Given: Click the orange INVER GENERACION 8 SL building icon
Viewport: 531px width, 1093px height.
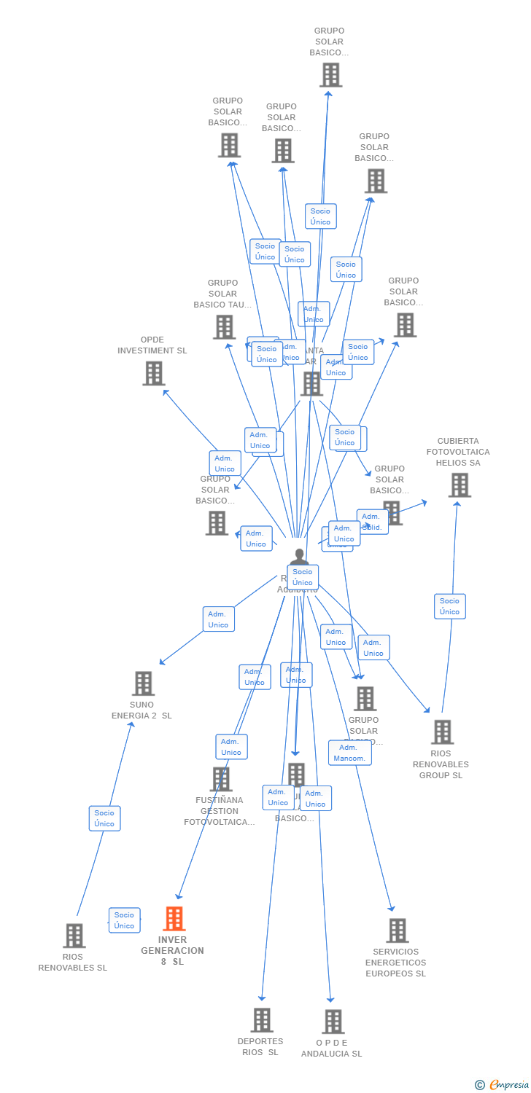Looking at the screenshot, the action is (174, 919).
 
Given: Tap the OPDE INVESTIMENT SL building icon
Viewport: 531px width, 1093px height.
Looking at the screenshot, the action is (153, 373).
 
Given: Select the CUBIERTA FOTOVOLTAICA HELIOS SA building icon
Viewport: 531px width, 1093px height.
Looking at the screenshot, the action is (459, 485).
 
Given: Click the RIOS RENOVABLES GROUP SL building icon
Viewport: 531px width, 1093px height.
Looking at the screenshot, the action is (442, 732).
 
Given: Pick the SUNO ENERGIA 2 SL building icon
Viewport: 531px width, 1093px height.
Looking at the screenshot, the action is (143, 683).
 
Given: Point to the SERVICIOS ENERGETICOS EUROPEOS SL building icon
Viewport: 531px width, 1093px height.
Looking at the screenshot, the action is (397, 931).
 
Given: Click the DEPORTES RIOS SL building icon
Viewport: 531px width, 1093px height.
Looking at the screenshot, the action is (262, 1020).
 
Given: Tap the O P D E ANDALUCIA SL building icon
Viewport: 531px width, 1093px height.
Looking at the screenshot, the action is (333, 1022).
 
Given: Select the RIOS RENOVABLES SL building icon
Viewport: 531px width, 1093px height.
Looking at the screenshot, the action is (74, 936).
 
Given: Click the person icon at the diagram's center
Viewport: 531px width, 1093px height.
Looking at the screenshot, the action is (299, 557).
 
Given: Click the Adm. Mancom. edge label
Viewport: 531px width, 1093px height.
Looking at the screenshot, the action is (349, 753).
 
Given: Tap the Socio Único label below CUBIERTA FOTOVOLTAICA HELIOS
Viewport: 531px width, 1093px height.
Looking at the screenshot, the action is (450, 606).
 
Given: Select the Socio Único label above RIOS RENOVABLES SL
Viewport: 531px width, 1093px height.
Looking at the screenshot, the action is (104, 818).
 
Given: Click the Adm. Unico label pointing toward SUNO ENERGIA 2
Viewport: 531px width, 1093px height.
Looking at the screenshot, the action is (218, 619).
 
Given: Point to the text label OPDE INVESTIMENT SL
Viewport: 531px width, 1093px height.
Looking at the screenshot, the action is (152, 345).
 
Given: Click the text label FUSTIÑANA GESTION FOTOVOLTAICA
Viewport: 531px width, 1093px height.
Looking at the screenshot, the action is (220, 811).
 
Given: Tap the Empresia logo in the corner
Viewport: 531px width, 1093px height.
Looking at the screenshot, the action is (503, 1085).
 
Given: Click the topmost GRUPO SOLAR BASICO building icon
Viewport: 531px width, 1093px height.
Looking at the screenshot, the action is (330, 74).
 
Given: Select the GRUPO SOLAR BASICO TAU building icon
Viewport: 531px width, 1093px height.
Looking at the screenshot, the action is (224, 327).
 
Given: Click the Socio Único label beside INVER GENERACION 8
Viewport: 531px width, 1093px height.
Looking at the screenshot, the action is (124, 920).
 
